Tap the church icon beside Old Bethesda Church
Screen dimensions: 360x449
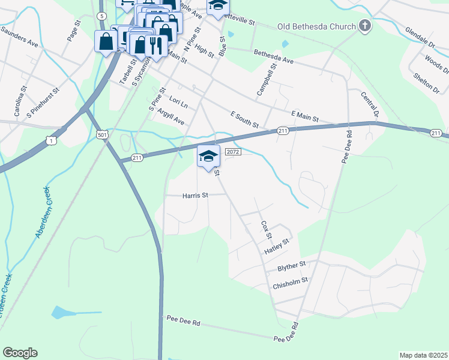(x=364, y=26)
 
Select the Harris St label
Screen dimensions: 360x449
(x=195, y=195)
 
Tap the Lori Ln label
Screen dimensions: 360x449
(x=179, y=103)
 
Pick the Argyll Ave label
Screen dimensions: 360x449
(x=171, y=117)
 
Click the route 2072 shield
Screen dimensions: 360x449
(x=233, y=152)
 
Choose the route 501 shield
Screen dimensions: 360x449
(x=103, y=135)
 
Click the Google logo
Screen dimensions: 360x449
(x=20, y=353)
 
